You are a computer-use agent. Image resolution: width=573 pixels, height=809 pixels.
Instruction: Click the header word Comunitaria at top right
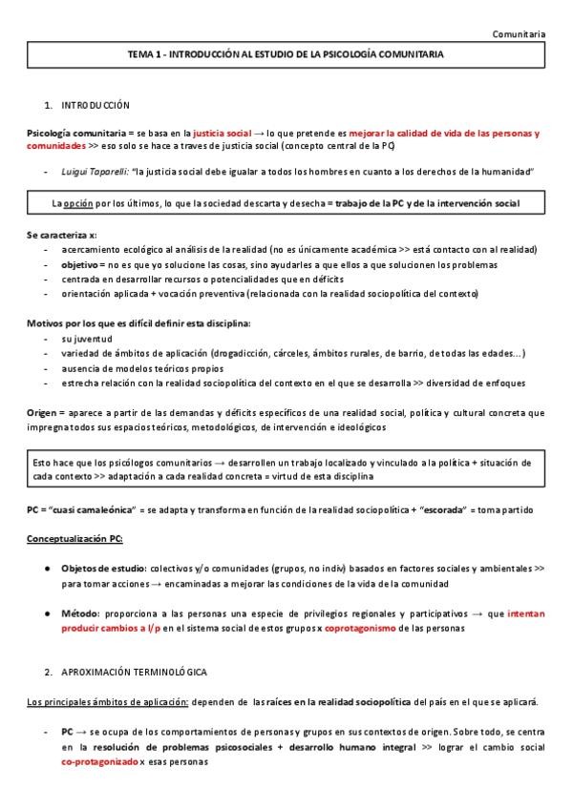[x=520, y=34]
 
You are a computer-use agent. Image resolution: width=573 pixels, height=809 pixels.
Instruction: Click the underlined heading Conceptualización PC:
[x=74, y=539]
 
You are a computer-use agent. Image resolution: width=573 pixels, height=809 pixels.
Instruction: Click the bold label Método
[x=80, y=613]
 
